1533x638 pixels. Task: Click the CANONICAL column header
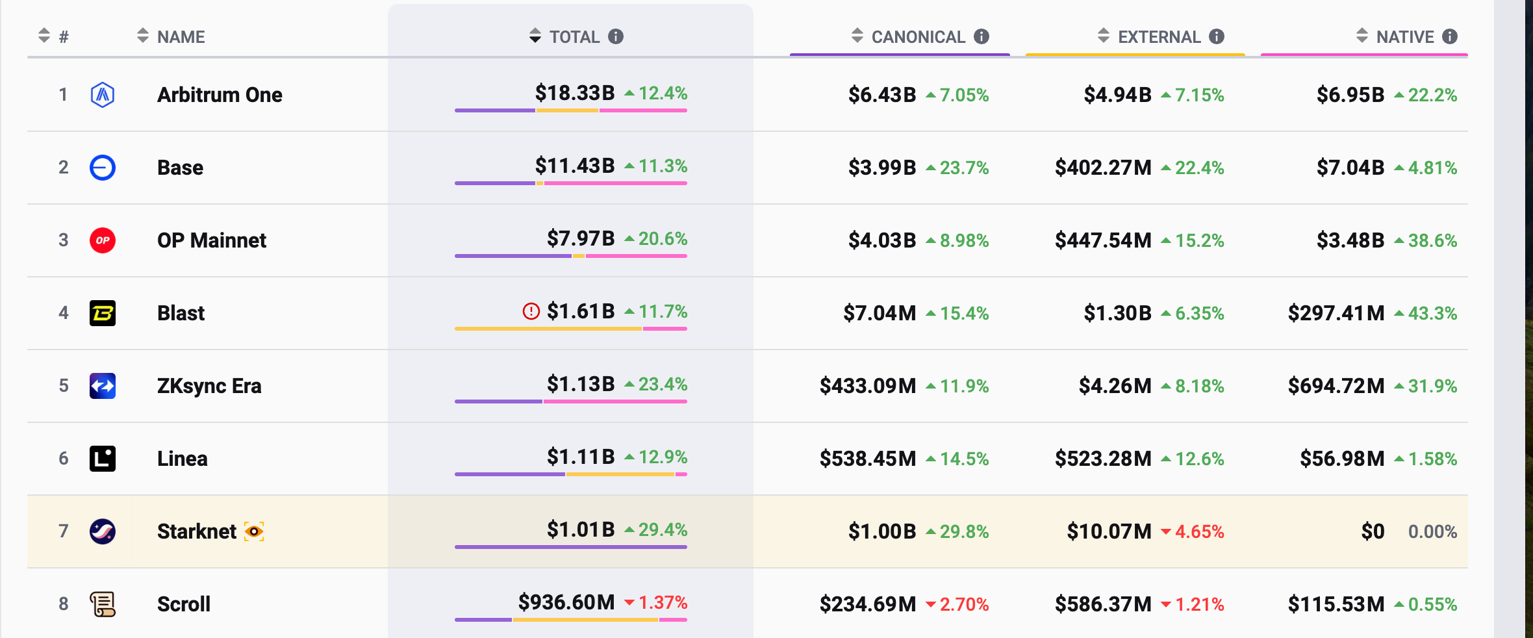[918, 37]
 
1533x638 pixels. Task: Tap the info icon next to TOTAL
[616, 36]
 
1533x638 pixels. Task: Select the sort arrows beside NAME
[143, 36]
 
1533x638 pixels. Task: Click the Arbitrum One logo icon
[103, 95]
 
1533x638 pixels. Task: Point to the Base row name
[180, 168]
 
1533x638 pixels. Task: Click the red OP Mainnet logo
[103, 240]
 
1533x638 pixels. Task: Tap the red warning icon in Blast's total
[531, 312]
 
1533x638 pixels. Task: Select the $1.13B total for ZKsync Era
[580, 384]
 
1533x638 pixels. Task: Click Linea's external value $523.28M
[1103, 459]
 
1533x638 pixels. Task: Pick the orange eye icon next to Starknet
[254, 531]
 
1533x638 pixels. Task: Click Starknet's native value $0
[1373, 531]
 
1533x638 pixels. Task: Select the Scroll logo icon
[103, 604]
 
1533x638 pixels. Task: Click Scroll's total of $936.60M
[566, 602]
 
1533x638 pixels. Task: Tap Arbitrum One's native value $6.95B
[1350, 95]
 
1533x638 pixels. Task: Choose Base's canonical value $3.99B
[881, 168]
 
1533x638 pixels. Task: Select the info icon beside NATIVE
[1450, 36]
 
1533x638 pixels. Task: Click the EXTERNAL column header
[1159, 37]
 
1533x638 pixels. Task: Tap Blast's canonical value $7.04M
[879, 313]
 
